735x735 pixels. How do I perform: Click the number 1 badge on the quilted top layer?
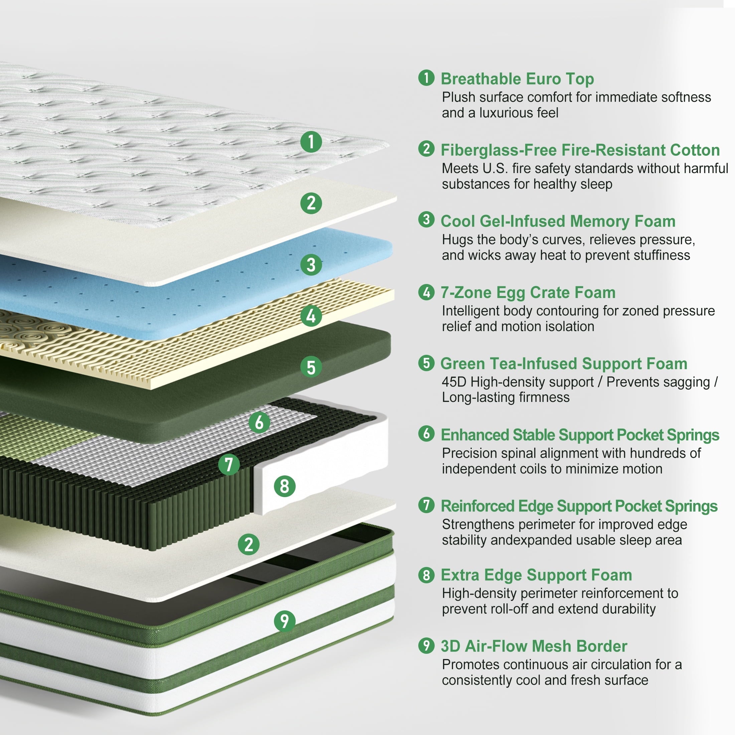(311, 142)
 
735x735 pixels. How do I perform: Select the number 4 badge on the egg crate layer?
(311, 316)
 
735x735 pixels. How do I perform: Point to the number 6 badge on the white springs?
(260, 422)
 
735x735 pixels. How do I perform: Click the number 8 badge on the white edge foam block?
(285, 486)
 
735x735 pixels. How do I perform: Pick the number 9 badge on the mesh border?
(285, 621)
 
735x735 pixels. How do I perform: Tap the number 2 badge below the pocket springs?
(249, 544)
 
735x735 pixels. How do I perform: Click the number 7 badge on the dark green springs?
(229, 464)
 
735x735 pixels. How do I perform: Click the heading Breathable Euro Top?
(517, 79)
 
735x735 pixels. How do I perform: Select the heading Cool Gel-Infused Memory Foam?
(558, 222)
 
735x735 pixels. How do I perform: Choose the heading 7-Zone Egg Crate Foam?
(528, 293)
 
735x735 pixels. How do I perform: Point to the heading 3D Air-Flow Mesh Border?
(534, 646)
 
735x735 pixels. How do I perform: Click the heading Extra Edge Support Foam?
(536, 575)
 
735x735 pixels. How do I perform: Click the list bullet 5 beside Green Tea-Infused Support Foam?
(426, 363)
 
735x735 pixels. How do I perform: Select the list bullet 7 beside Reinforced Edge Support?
(426, 505)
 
